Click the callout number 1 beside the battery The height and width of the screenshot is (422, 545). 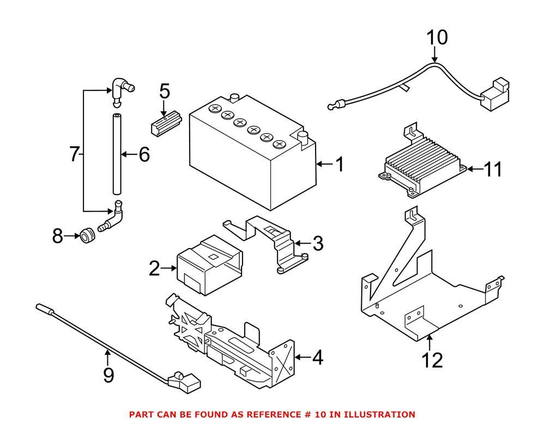pos(340,164)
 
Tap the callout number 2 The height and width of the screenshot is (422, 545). pos(154,268)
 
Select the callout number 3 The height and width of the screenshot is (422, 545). pos(318,243)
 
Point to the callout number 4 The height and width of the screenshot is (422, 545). pos(318,358)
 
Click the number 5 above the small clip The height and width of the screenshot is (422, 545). pos(165,93)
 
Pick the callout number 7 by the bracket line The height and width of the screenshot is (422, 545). pos(75,154)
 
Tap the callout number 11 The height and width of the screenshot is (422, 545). pos(493,170)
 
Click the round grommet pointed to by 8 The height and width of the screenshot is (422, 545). pos(87,237)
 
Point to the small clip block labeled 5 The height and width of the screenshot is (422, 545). pos(164,124)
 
